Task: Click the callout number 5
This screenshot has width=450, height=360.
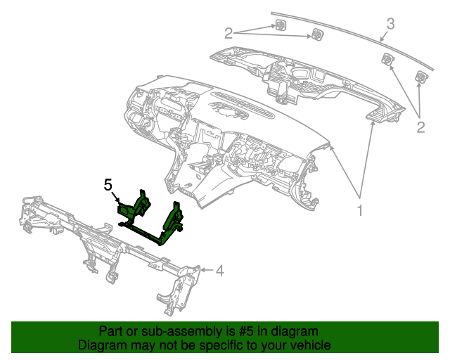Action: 108,185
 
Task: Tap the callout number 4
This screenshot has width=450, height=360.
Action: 219,270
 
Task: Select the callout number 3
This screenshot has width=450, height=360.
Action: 390,23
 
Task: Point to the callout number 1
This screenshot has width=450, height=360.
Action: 360,210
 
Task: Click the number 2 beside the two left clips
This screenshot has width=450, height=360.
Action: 229,32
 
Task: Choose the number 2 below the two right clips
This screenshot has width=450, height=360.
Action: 420,127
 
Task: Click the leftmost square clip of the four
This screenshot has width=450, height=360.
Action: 279,27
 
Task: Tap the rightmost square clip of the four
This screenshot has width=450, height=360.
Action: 421,77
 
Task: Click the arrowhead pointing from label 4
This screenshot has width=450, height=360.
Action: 203,269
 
